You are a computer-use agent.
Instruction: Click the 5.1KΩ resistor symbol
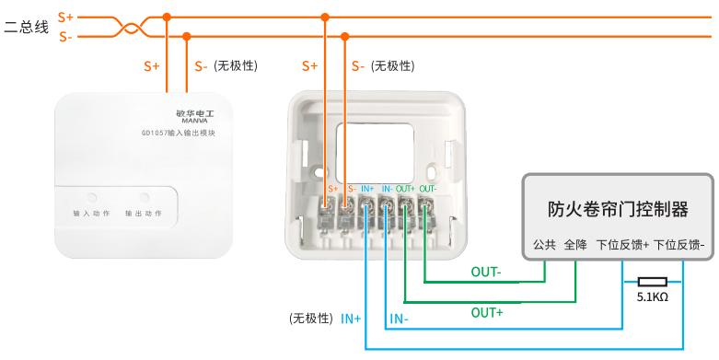pyautogui.click(x=652, y=282)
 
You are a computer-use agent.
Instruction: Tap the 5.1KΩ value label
pyautogui.click(x=652, y=297)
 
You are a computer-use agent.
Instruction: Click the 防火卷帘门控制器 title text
pyautogui.click(x=618, y=209)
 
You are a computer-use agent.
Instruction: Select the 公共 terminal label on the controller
pyautogui.click(x=544, y=245)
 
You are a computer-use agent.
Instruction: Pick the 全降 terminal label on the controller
pyautogui.click(x=575, y=245)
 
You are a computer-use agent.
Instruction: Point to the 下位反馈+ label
pyautogui.click(x=622, y=245)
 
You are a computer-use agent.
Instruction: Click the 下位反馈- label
pyautogui.click(x=678, y=245)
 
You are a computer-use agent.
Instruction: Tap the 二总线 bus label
pyautogui.click(x=26, y=27)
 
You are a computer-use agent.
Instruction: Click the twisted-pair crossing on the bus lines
pyautogui.click(x=131, y=27)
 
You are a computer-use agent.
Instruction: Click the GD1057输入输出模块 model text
pyautogui.click(x=178, y=133)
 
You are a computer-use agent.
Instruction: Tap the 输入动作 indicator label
pyautogui.click(x=92, y=214)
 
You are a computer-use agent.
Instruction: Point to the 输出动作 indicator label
pyautogui.click(x=144, y=214)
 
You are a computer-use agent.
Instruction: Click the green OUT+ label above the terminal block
pyautogui.click(x=405, y=189)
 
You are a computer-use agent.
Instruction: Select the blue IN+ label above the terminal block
pyautogui.click(x=367, y=189)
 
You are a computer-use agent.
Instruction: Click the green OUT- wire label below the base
pyautogui.click(x=486, y=272)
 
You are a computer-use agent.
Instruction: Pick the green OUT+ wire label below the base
pyautogui.click(x=487, y=313)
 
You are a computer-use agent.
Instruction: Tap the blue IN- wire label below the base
pyautogui.click(x=399, y=319)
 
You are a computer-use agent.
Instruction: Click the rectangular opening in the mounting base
pyautogui.click(x=375, y=152)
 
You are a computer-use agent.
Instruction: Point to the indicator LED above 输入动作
pyautogui.click(x=92, y=198)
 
